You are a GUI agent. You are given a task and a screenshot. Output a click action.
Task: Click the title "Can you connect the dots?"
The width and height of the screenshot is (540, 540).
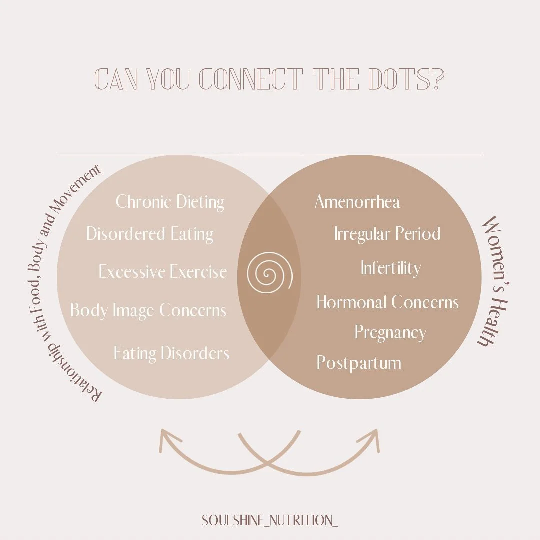click(269, 79)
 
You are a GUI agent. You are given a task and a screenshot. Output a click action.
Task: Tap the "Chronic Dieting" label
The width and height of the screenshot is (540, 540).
click(170, 202)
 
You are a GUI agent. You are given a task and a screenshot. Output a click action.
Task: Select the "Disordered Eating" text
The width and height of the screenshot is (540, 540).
click(150, 234)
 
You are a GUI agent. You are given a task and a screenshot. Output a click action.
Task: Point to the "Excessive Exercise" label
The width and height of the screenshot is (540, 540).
click(162, 272)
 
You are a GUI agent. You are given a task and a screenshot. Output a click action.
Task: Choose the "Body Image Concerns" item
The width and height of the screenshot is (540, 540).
click(148, 310)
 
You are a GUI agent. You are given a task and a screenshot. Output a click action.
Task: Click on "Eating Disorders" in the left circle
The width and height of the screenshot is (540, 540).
click(171, 353)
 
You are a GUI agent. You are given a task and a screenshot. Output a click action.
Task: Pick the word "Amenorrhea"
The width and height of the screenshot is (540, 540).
click(357, 202)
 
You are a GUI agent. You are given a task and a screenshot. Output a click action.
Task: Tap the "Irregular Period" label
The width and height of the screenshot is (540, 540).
click(387, 234)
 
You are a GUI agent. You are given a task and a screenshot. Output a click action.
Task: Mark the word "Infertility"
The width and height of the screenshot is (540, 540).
click(390, 268)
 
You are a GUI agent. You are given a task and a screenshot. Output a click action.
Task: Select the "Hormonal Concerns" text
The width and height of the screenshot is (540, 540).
click(387, 302)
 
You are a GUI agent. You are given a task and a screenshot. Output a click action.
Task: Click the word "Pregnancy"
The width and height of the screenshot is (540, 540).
click(390, 333)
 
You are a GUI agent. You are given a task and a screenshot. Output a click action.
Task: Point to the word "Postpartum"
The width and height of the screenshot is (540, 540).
click(359, 362)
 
